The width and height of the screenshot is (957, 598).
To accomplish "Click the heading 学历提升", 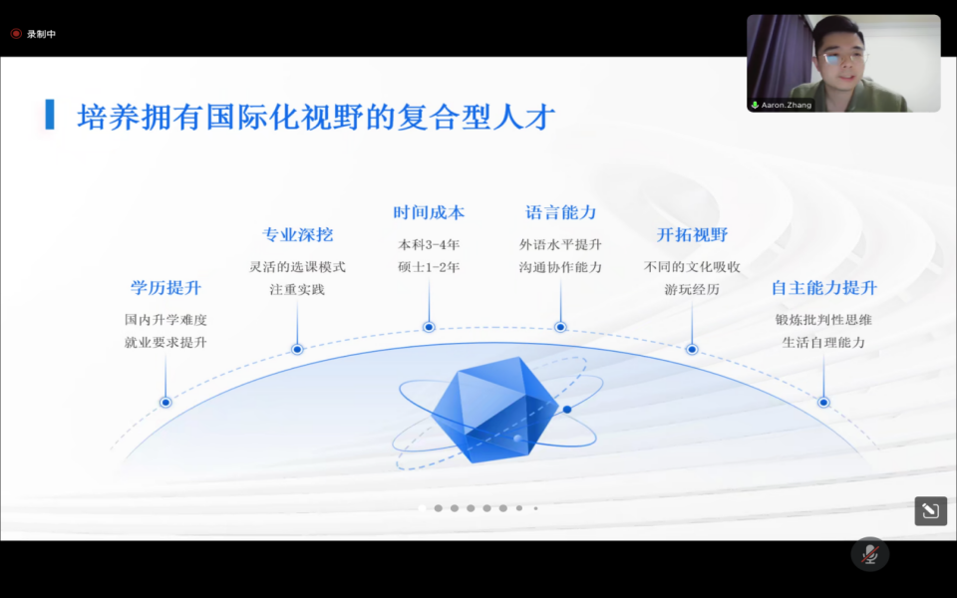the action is click(165, 287).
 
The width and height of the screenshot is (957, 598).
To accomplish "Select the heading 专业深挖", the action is click(297, 234).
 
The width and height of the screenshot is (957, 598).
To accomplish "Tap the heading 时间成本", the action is click(429, 212).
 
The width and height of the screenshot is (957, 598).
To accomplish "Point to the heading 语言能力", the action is click(560, 212).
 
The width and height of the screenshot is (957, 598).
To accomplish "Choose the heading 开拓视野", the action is click(692, 234).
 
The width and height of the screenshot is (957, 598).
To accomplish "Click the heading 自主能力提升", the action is click(824, 287).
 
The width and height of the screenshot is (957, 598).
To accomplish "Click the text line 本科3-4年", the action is click(429, 245).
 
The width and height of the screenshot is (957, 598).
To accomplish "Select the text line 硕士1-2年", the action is click(429, 267).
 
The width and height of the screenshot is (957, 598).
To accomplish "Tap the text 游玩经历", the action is click(692, 289).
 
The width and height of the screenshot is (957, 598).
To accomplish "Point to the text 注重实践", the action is click(297, 289).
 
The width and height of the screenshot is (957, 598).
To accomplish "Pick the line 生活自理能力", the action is click(824, 342).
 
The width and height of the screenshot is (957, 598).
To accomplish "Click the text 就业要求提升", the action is click(165, 342).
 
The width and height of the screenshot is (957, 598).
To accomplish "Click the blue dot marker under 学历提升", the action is click(165, 402).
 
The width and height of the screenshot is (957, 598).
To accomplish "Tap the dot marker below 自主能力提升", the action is click(823, 402).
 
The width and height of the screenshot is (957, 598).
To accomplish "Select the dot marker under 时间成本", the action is click(429, 327).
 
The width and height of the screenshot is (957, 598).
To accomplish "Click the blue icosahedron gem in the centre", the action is click(494, 409).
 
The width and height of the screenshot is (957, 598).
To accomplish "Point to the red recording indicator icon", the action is click(16, 34).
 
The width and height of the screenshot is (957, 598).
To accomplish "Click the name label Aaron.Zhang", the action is click(787, 105).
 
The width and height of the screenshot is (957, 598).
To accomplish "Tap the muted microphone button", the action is click(869, 554).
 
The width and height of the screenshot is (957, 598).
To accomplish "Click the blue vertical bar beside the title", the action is click(50, 115).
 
